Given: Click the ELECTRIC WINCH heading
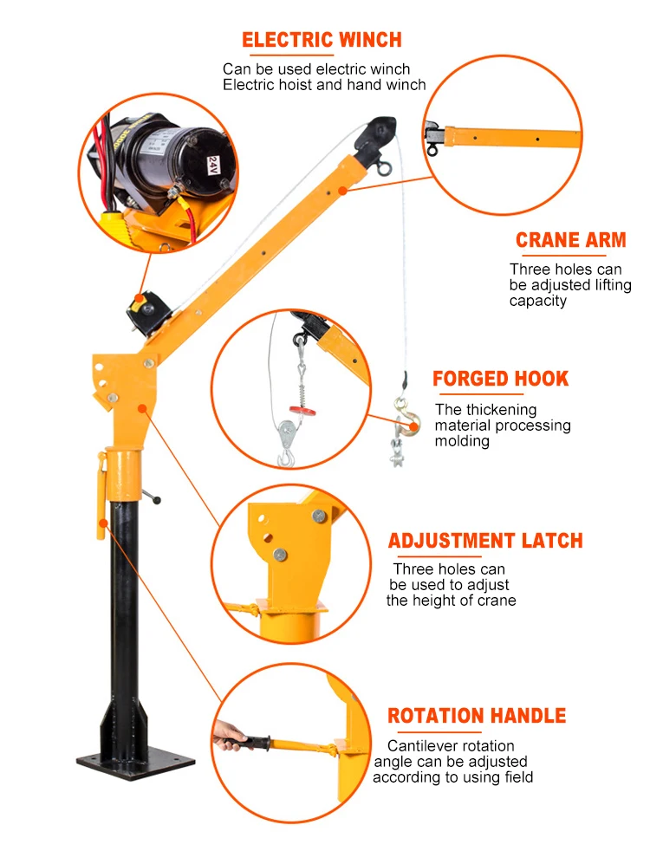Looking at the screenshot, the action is [x=322, y=40].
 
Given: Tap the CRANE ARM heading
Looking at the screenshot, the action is [x=571, y=240].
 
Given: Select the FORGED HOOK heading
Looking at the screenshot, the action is [x=500, y=379].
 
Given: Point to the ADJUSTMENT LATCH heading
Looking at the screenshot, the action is [x=485, y=541].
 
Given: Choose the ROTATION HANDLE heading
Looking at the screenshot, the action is [x=477, y=715].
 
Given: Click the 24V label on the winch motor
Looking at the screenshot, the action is [x=214, y=165].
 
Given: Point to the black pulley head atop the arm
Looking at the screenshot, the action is [x=375, y=133].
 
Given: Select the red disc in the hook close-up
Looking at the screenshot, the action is [x=302, y=410].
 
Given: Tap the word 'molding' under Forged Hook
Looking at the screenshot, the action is [x=462, y=441].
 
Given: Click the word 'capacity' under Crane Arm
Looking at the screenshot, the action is [x=537, y=302].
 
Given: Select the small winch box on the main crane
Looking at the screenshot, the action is [x=147, y=311].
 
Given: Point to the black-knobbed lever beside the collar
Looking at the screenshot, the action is [x=152, y=496].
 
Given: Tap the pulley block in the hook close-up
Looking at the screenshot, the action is [x=287, y=438].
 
